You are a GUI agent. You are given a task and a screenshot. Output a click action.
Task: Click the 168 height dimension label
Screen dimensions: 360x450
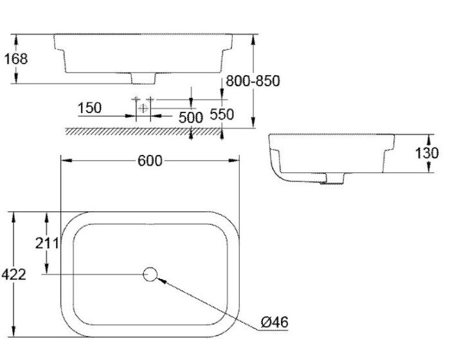(17, 59)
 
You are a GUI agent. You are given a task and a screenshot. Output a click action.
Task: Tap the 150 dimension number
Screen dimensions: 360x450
(89, 108)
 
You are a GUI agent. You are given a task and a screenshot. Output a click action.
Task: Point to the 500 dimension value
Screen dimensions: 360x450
(190, 118)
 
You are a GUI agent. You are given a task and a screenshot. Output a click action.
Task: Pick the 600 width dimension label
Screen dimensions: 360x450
(150, 161)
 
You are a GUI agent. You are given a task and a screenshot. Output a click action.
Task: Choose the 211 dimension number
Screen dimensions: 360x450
(47, 242)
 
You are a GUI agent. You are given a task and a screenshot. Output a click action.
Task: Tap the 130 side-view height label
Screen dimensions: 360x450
(428, 153)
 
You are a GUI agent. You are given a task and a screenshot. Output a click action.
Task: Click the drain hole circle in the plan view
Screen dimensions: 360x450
(150, 274)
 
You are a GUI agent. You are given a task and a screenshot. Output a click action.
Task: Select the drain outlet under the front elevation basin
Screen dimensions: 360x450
(143, 78)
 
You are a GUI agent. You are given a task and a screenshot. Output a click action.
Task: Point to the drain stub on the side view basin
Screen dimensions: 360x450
(334, 178)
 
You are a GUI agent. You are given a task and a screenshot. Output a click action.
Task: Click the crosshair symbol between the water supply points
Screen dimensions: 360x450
(143, 108)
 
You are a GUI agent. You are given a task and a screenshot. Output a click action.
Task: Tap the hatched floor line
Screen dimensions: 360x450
(148, 131)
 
